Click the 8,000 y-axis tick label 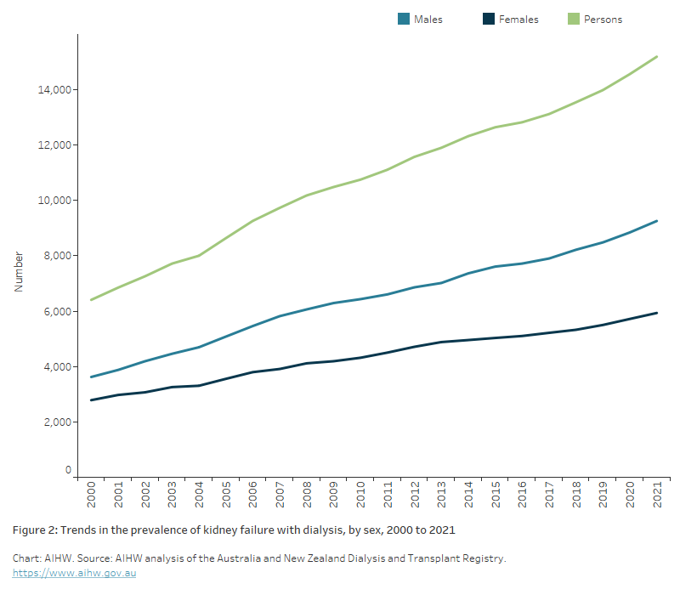pyautogui.click(x=57, y=256)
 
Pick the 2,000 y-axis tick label pyautogui.click(x=57, y=422)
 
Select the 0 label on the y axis pyautogui.click(x=69, y=469)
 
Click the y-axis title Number pyautogui.click(x=19, y=271)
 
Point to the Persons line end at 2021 pyautogui.click(x=657, y=57)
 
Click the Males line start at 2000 pyautogui.click(x=91, y=377)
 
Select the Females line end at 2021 pyautogui.click(x=657, y=313)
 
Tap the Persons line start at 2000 pyautogui.click(x=91, y=299)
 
